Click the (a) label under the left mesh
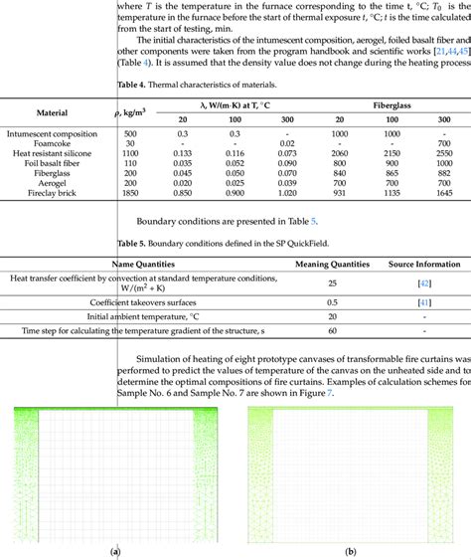coord(115,550)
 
